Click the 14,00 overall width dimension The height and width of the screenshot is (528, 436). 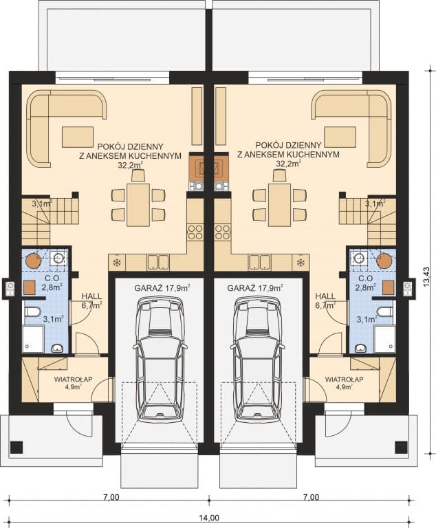[210, 518]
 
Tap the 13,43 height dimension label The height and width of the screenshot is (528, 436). [427, 277]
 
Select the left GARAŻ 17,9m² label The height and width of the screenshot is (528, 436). [162, 288]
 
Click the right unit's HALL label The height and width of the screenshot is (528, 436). [325, 296]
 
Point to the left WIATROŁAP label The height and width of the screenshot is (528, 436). [73, 379]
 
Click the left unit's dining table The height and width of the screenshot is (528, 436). [138, 204]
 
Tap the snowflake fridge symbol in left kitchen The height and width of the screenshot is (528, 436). [117, 263]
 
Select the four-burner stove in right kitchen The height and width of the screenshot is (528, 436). [222, 232]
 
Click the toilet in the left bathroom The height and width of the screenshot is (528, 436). [32, 312]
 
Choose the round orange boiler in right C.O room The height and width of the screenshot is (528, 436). [385, 261]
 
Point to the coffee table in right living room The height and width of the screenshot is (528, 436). [340, 137]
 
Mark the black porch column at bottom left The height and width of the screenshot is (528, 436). [16, 447]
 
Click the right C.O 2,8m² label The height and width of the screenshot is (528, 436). [366, 283]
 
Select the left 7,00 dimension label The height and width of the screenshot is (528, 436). [111, 497]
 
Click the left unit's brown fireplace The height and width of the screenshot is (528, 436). [197, 167]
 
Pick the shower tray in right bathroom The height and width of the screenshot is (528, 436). [384, 338]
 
